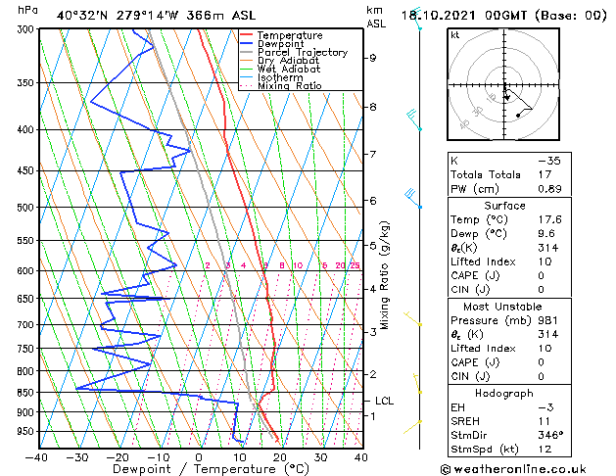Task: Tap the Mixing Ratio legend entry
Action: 290,86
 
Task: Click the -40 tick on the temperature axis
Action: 37,456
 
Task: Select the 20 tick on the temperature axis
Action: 280,456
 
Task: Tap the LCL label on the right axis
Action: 385,401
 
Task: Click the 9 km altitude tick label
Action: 373,58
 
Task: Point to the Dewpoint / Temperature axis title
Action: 199,469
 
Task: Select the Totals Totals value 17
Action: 544,173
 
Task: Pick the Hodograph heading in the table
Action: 504,392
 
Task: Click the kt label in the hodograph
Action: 454,34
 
